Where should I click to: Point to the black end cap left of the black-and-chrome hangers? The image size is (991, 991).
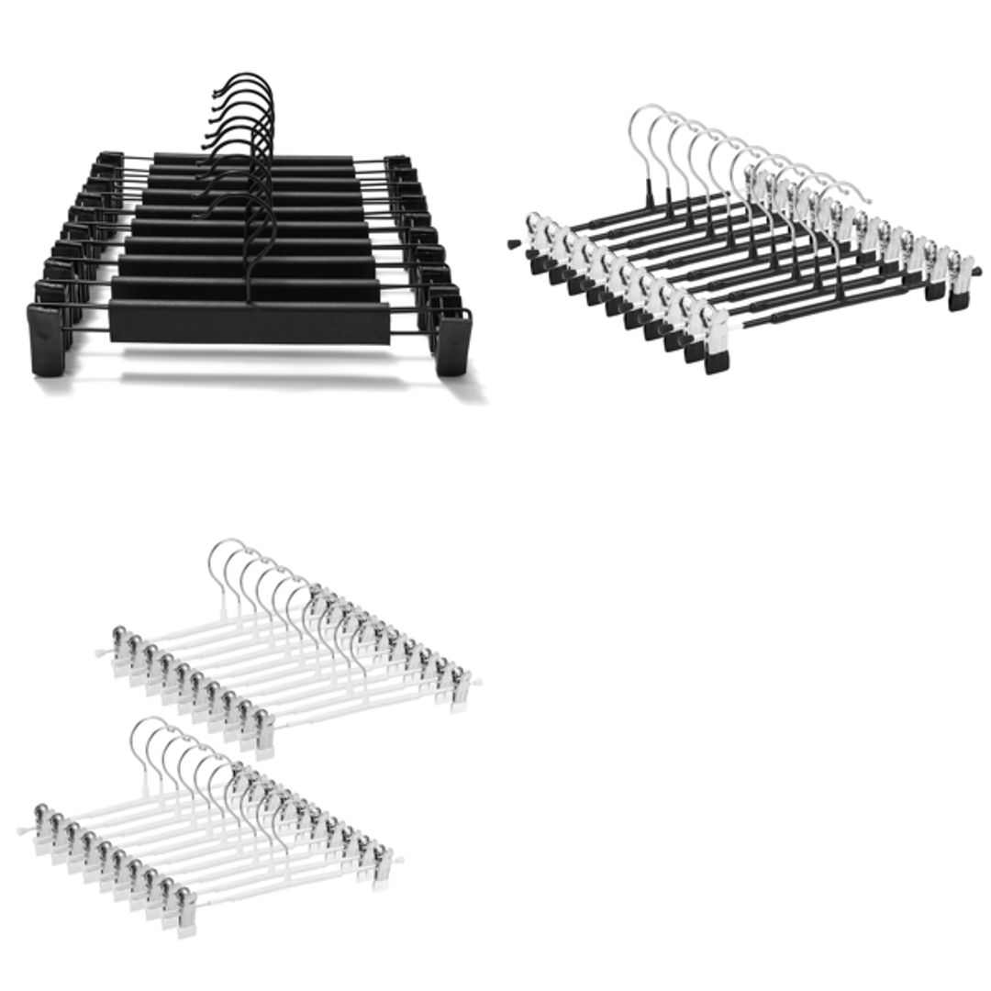(511, 245)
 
